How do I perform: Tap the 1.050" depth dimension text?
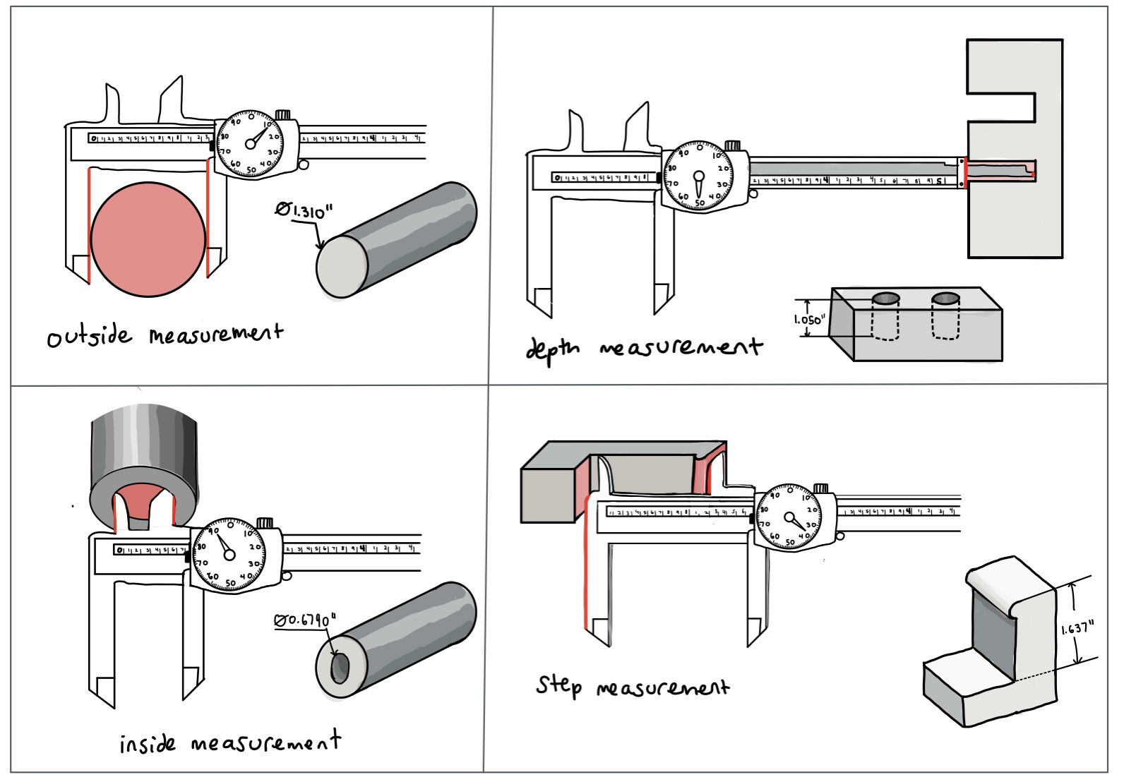(x=808, y=320)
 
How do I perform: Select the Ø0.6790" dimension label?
(x=304, y=620)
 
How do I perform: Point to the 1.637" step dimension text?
(x=1078, y=628)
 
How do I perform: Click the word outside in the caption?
(x=89, y=336)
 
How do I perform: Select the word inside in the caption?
(x=147, y=744)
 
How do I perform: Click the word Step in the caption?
(x=558, y=685)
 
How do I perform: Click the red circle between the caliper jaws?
(x=148, y=238)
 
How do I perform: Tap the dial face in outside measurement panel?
(x=250, y=144)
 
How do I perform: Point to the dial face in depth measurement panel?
(x=698, y=176)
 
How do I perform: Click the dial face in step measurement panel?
(x=789, y=517)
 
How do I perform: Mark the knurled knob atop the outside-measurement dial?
(x=282, y=114)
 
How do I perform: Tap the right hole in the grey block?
(x=945, y=299)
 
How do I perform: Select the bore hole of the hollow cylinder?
(x=340, y=668)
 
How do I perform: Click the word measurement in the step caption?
(x=662, y=687)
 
